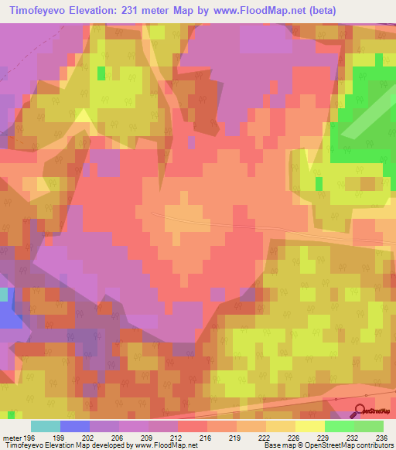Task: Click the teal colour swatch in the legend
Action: point(46,426)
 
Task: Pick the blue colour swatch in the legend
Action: point(75,426)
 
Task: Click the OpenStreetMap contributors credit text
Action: point(355,445)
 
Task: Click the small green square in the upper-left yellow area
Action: point(101,73)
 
